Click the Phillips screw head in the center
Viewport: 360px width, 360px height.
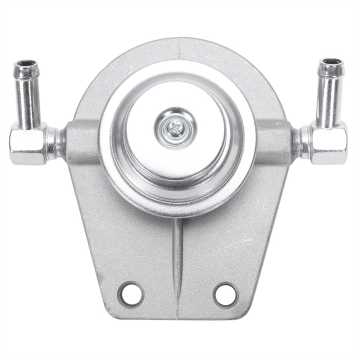pyautogui.click(x=175, y=128)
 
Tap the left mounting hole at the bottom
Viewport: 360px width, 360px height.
pyautogui.click(x=131, y=294)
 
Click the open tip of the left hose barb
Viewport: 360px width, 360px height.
pyautogui.click(x=26, y=65)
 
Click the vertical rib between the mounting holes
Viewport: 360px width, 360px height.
pyautogui.click(x=177, y=260)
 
